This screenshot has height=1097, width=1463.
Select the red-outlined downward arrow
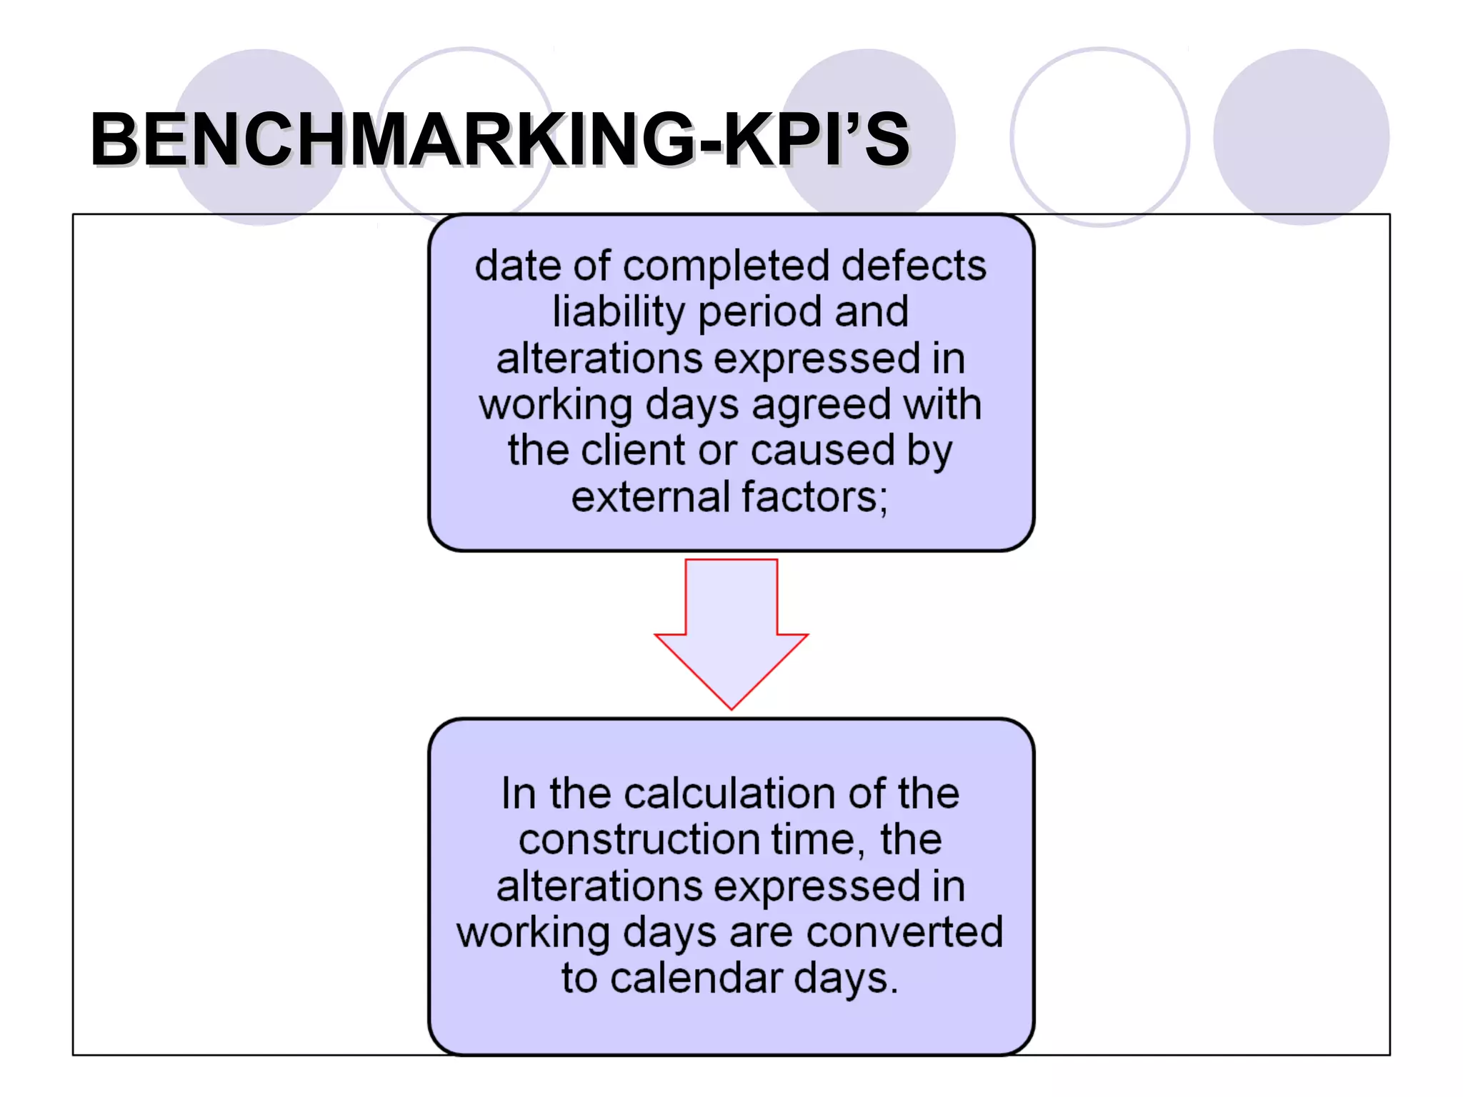pos(731,628)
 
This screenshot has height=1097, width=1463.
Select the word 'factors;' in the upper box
pos(815,497)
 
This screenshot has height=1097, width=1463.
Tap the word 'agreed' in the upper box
pos(822,405)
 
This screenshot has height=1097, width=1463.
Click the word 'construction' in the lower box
pos(639,839)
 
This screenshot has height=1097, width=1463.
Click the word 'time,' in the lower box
pos(817,839)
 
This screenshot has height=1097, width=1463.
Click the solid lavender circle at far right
pos(1301,136)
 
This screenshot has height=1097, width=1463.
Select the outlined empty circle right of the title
pos(1099,136)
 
